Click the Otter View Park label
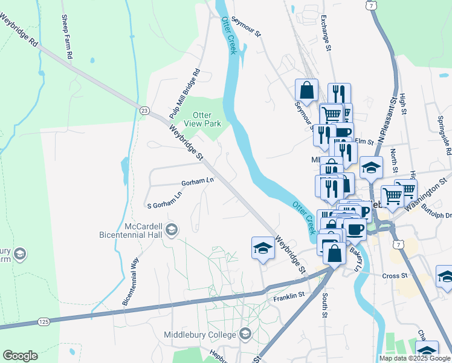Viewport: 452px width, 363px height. (207, 119)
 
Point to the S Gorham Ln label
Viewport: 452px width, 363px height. (163, 204)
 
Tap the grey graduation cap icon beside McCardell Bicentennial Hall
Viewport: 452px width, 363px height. (172, 229)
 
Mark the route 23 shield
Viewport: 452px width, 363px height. (144, 110)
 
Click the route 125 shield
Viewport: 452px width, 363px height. (43, 321)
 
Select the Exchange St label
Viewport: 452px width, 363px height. (326, 33)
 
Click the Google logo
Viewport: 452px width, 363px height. (21, 356)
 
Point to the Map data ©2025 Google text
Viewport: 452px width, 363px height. (414, 358)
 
